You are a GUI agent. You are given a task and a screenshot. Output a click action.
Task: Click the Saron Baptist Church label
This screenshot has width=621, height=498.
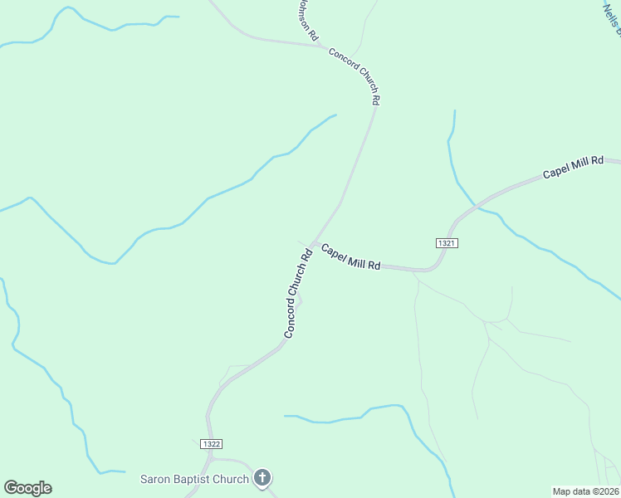(x=194, y=479)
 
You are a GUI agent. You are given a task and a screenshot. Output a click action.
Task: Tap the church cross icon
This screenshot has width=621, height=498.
(x=262, y=477)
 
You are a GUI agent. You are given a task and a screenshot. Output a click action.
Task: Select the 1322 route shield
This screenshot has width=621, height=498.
(x=211, y=444)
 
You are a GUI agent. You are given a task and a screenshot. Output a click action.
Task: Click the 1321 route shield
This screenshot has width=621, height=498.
(x=447, y=242)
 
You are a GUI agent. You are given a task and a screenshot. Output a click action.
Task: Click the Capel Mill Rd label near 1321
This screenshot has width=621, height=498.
(x=350, y=256)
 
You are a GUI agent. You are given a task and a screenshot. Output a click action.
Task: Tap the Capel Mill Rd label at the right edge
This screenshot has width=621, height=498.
(x=573, y=167)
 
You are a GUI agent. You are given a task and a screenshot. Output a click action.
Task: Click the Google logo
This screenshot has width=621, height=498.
(x=27, y=488)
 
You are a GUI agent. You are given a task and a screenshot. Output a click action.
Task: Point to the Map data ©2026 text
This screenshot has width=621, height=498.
(x=585, y=491)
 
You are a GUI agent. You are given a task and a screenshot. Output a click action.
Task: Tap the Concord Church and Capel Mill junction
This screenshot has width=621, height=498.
(x=314, y=242)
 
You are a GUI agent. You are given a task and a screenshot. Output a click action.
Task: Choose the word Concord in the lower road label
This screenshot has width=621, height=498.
(x=291, y=316)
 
